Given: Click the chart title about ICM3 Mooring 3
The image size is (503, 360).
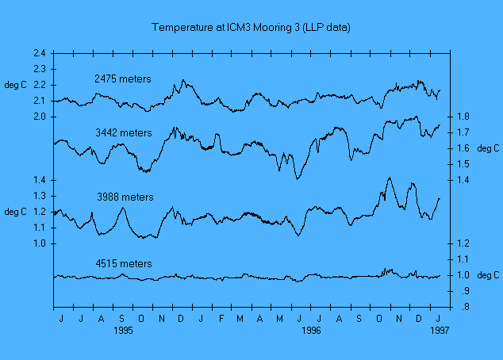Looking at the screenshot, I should [x=251, y=28].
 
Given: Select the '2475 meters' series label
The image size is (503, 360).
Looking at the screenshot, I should [x=123, y=79].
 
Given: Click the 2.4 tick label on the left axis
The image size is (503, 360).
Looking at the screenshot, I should [x=40, y=53].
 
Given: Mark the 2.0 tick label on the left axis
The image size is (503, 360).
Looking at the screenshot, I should [x=40, y=117].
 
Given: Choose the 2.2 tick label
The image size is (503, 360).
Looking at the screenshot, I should [x=40, y=85].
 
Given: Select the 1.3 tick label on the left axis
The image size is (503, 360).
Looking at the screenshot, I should [x=40, y=196].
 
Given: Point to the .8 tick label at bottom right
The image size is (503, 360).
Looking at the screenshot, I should [x=464, y=307].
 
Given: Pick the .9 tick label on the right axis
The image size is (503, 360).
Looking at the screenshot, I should [x=464, y=291].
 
